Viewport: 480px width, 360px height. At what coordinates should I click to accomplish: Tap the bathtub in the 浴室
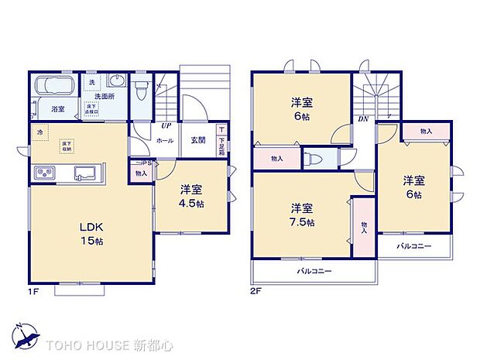coord(52,86)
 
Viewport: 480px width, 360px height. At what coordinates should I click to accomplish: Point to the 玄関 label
coord(197,140)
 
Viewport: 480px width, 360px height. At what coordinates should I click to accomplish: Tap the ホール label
coord(165,140)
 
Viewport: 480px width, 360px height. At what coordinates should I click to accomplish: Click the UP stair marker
coord(166,125)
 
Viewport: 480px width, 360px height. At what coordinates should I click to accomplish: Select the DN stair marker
coord(363,118)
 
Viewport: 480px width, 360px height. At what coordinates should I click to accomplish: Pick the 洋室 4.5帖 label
coord(191,195)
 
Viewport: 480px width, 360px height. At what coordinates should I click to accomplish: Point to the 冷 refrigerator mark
coord(39,132)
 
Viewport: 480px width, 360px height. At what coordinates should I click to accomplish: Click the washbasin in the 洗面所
coord(118,81)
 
